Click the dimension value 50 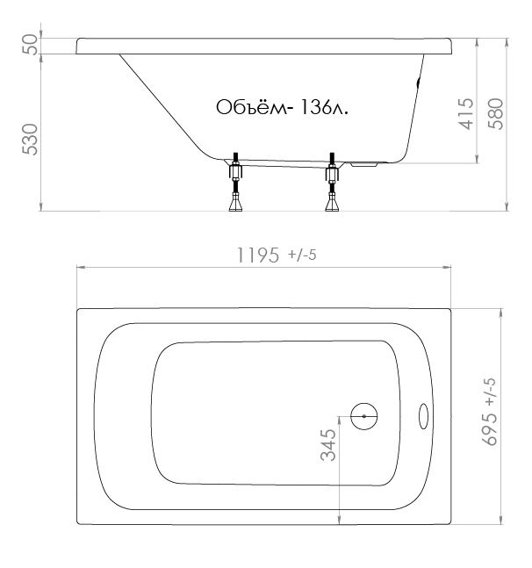coord(30,45)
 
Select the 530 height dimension coord(30,140)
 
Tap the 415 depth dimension coord(466,114)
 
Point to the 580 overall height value coord(496,114)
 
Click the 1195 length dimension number coord(258,255)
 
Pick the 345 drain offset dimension coord(328,445)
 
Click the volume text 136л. coord(324,107)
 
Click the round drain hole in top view coord(364,417)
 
